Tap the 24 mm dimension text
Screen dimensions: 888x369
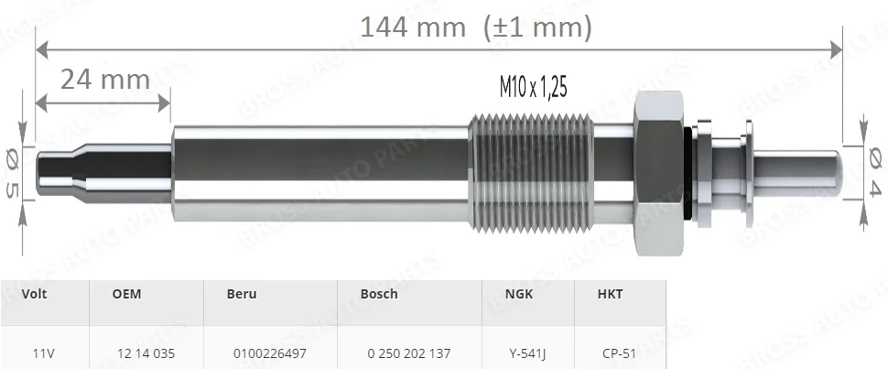tap(105, 80)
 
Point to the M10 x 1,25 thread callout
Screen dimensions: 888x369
tap(533, 87)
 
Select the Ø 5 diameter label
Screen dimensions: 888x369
tap(11, 173)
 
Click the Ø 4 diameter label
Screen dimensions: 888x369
tap(875, 172)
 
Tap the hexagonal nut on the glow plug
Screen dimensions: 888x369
tap(659, 173)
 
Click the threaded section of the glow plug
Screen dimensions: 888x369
tap(531, 173)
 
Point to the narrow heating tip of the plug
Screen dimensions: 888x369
tap(104, 173)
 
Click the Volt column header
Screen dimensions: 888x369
tap(34, 294)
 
